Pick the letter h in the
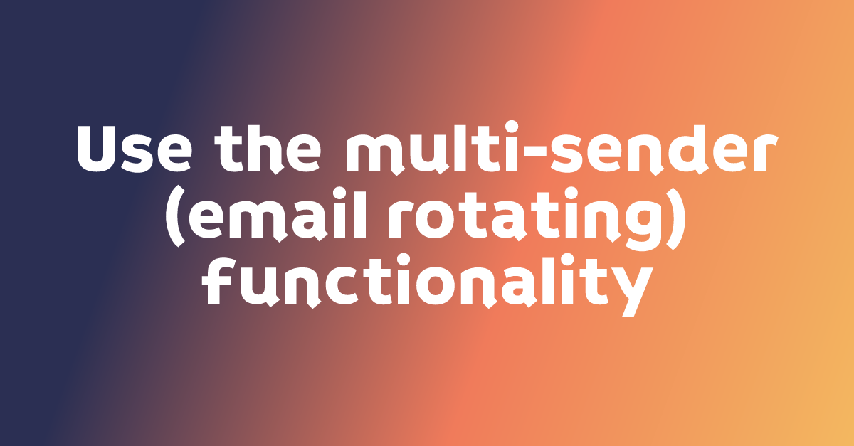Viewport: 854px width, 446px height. [x=268, y=149]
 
